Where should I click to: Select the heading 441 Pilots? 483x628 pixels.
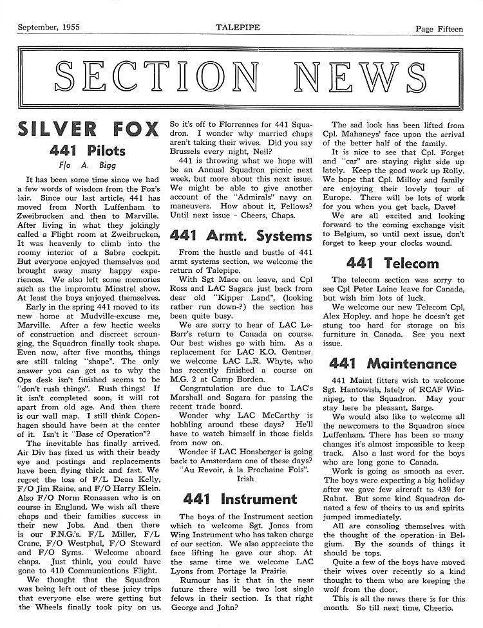88,152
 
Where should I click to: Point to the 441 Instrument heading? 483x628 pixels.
239,499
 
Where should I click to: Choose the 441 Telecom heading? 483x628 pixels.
392,263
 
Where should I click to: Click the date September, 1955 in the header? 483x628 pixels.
49,9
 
